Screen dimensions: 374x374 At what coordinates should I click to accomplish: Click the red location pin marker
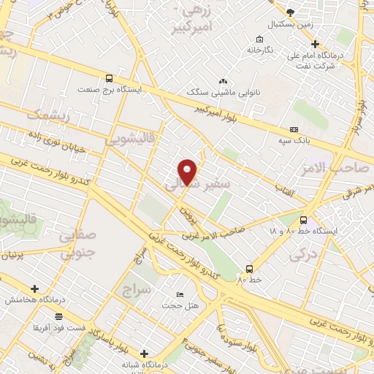pos(188,170)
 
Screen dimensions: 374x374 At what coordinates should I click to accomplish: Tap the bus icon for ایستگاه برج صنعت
pos(110,78)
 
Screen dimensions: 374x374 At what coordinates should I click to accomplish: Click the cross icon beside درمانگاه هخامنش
pos(34,289)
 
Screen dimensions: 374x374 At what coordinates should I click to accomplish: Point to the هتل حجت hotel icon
pos(180,294)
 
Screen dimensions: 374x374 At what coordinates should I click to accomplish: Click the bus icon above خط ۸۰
pos(249,268)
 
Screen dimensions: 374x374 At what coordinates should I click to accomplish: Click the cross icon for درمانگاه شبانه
pos(144,353)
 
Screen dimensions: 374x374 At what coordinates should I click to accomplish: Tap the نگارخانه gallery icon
pos(259,39)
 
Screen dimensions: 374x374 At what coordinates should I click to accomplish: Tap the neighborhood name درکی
pos(301,256)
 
